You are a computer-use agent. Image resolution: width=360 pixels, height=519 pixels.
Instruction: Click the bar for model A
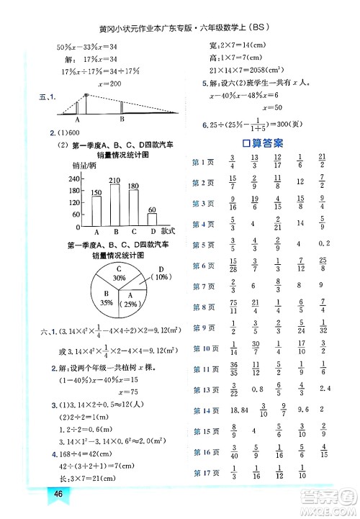pos(96,211)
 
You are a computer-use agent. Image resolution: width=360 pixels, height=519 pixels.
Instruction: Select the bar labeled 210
pos(115,205)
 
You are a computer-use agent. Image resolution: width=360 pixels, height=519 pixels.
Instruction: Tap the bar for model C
pos(133,208)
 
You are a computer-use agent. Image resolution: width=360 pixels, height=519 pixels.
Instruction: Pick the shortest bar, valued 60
pos(152,220)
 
